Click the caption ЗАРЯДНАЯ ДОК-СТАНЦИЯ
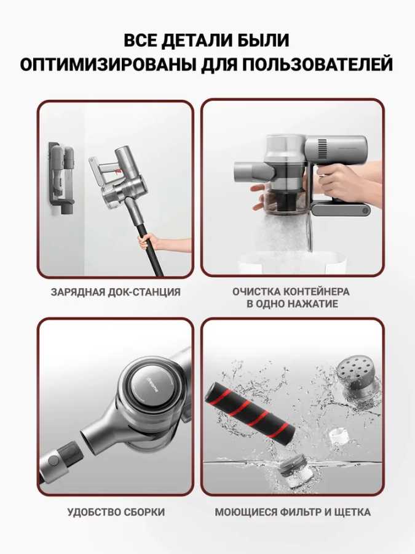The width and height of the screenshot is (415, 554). (x=116, y=292)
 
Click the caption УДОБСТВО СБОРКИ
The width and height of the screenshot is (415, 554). (x=116, y=512)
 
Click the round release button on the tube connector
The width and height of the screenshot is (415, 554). (x=53, y=460)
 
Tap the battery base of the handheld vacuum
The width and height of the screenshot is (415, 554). (x=341, y=209)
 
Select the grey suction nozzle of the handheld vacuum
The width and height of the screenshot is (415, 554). (x=253, y=171)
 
